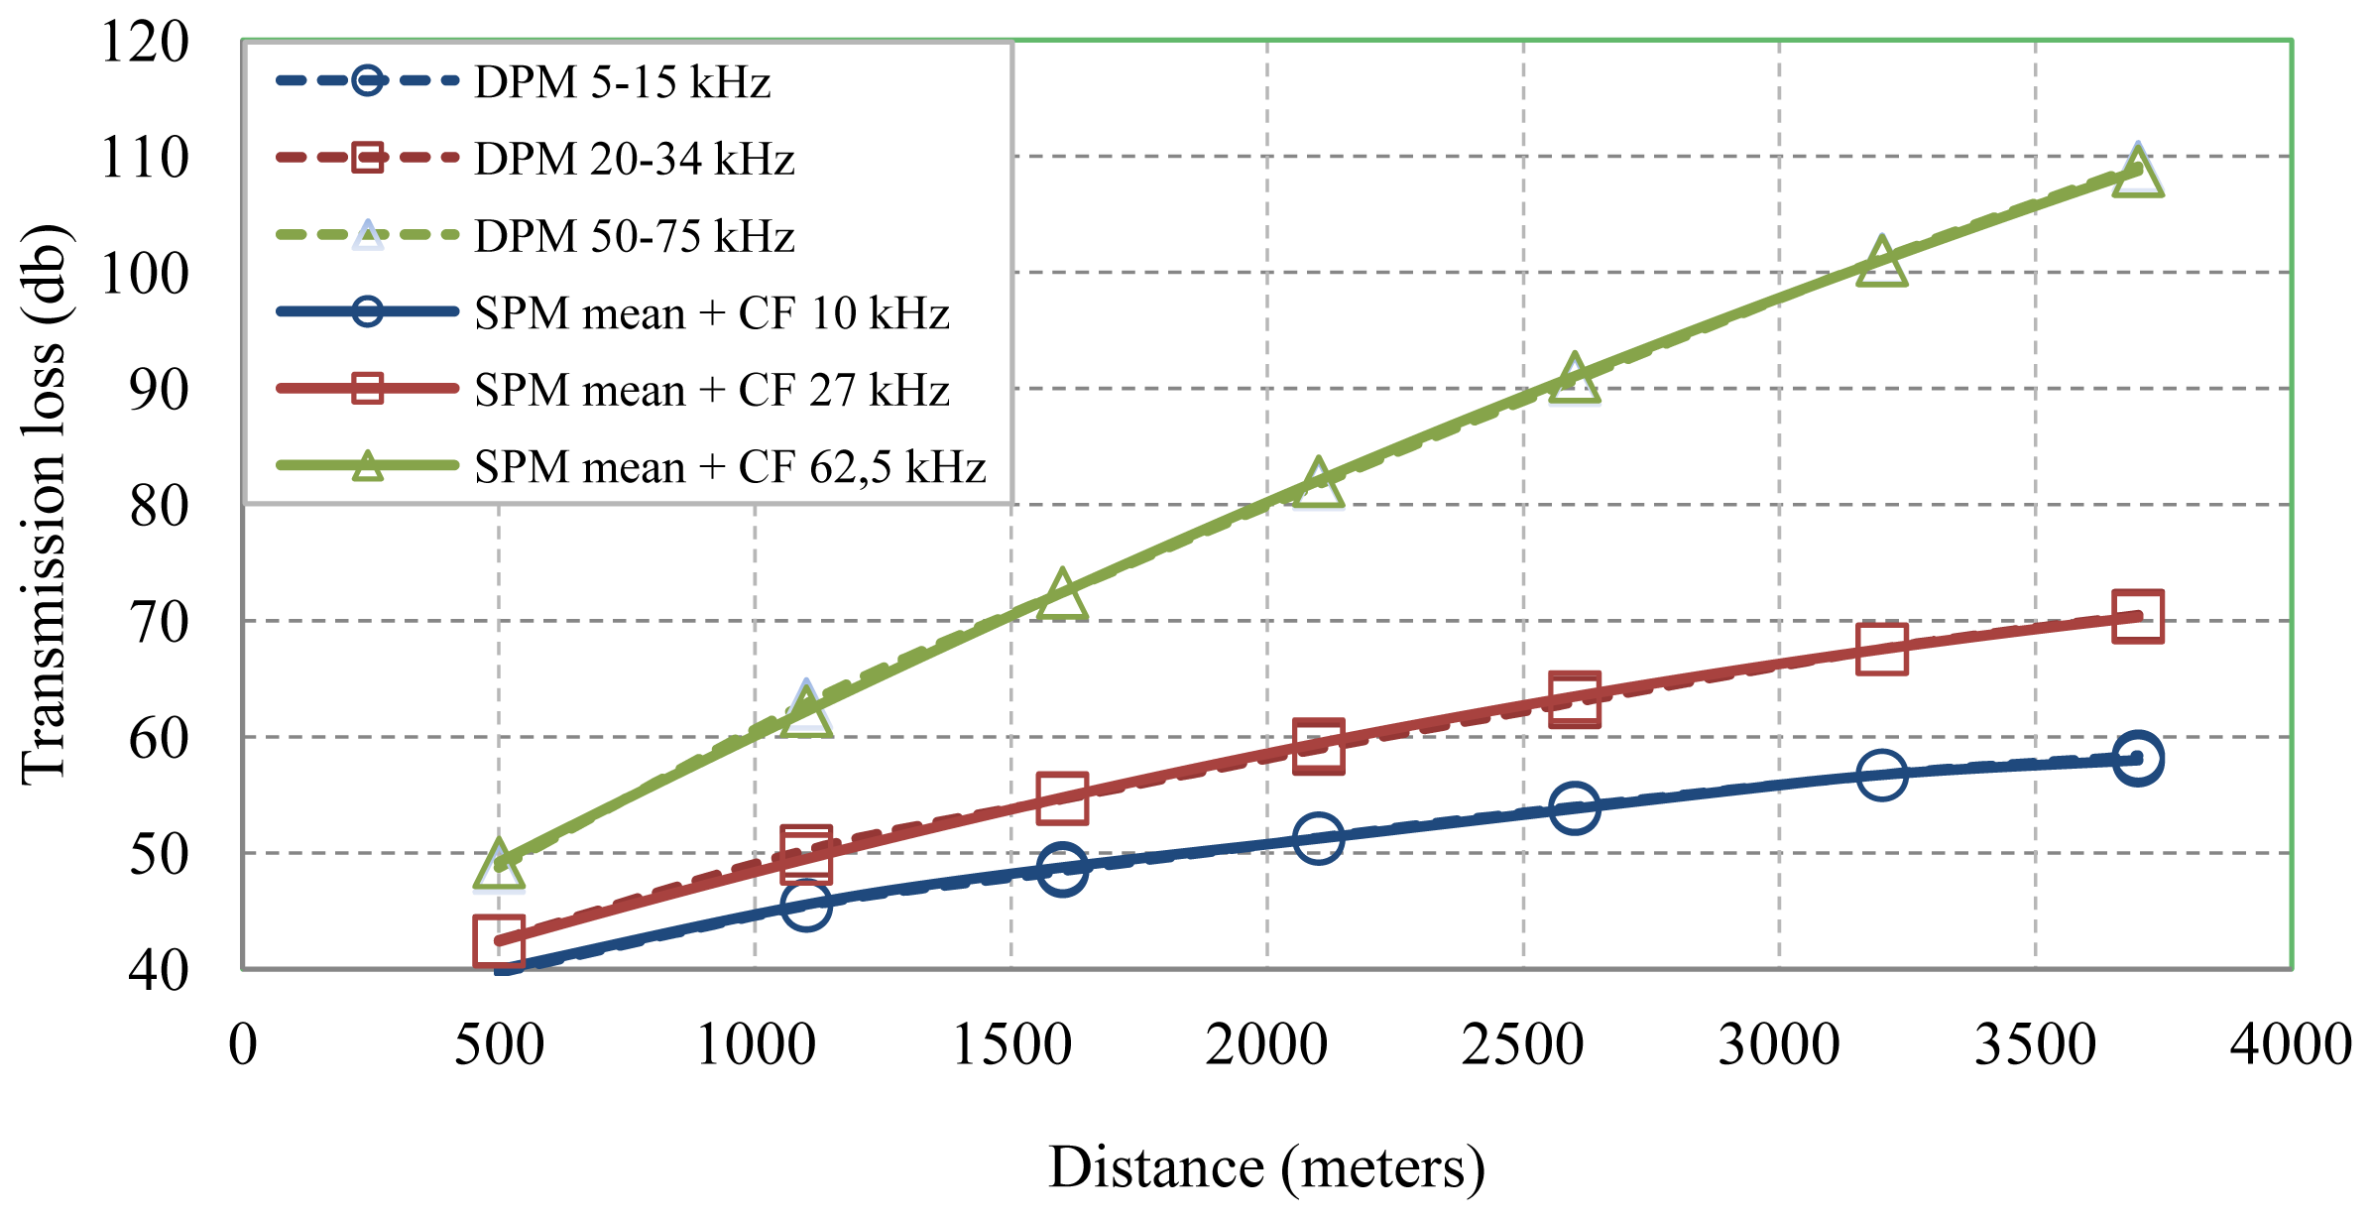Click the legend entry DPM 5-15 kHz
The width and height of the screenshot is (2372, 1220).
coord(622,81)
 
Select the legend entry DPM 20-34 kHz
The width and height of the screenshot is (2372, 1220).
coord(634,159)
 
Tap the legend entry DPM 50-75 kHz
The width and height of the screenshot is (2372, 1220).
coord(634,236)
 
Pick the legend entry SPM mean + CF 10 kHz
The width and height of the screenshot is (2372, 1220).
coord(711,313)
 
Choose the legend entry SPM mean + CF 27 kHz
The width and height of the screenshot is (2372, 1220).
coord(711,390)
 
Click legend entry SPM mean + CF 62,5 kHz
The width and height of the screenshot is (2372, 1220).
coord(729,467)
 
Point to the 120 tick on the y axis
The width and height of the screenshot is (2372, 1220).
coord(145,42)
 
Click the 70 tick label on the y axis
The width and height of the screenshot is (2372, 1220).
coord(159,622)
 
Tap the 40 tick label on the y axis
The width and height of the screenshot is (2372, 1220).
coord(159,970)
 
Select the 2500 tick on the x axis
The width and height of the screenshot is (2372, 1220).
coord(1522,1044)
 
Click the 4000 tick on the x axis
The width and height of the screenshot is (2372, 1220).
coord(2291,1044)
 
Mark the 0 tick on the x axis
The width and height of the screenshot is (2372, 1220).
coord(243,1044)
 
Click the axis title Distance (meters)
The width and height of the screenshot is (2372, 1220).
coord(1266,1167)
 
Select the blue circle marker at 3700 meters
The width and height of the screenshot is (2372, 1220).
coord(2137,759)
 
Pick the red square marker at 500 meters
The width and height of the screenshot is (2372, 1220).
coord(499,940)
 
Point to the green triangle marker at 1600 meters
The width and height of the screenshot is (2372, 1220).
coord(1062,596)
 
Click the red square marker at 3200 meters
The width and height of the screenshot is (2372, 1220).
coord(1881,649)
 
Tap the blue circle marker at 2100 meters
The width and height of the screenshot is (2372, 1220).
coord(1318,838)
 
